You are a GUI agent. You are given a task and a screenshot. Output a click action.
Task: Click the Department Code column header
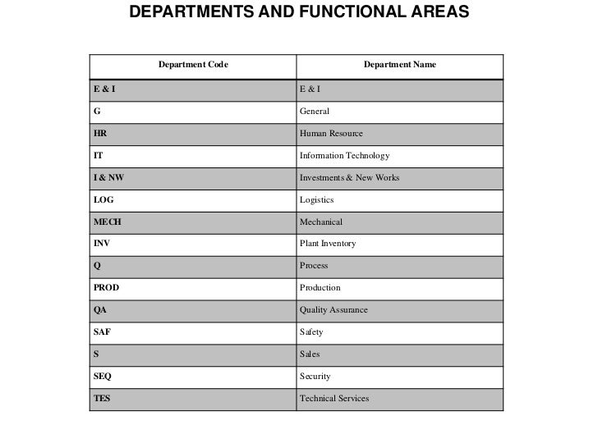[193, 64]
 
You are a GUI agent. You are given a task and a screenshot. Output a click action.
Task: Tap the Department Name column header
[400, 64]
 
